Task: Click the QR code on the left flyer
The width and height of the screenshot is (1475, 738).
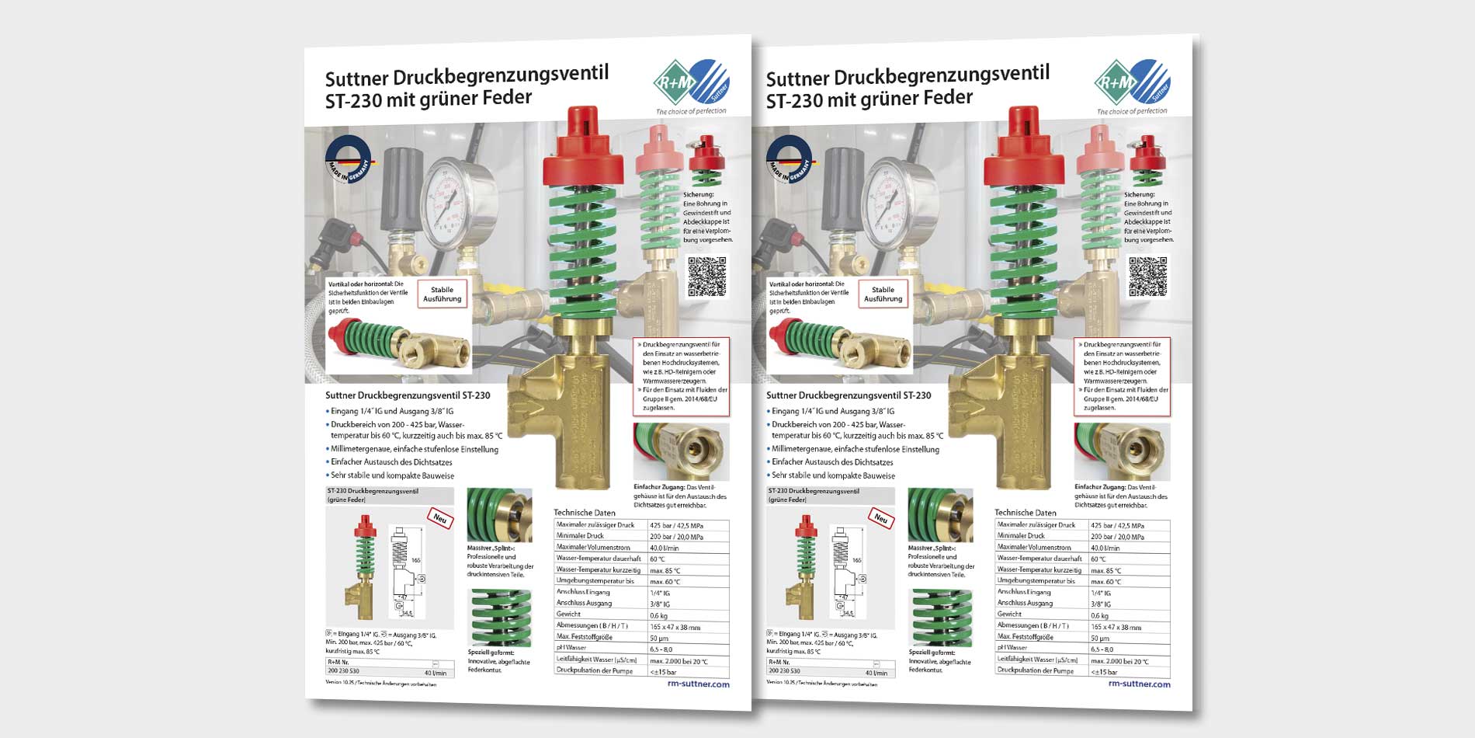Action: point(707,277)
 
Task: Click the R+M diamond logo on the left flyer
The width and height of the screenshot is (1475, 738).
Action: point(673,82)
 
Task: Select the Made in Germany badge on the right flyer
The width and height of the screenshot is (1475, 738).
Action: point(789,160)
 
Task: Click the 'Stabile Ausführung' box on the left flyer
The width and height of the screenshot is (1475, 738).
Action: point(442,294)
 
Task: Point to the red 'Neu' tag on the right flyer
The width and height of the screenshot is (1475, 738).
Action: point(880,518)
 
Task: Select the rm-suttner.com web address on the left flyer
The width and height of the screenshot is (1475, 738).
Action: point(698,684)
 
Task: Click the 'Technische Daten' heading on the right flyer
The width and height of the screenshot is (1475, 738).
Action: point(1025,513)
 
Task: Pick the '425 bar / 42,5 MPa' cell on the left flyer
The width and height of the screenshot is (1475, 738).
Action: point(676,525)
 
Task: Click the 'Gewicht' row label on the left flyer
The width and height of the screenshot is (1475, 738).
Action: point(568,614)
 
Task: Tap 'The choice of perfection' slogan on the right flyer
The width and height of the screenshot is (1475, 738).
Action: point(1131,112)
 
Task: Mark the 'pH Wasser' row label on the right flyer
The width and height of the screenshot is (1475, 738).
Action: point(1012,648)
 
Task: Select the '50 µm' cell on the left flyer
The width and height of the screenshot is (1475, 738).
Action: point(660,638)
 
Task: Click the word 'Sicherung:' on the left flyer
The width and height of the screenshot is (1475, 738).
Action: point(698,195)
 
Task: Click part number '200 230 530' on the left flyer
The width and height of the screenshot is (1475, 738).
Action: point(343,670)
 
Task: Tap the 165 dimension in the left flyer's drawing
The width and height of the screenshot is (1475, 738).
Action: point(415,560)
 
